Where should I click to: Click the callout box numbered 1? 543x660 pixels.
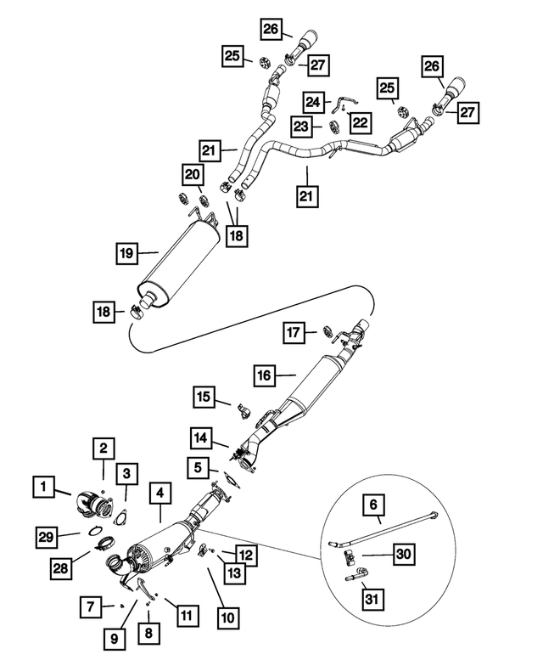pyautogui.click(x=44, y=487)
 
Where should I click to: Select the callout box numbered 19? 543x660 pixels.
pyautogui.click(x=127, y=253)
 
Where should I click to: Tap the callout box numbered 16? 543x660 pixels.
pyautogui.click(x=265, y=375)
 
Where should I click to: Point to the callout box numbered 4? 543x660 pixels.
pyautogui.click(x=160, y=493)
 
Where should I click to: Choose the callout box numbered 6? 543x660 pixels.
pyautogui.click(x=373, y=505)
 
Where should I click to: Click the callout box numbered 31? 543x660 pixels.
pyautogui.click(x=372, y=599)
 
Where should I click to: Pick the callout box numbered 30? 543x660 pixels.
pyautogui.click(x=404, y=554)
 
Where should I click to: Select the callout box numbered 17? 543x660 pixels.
pyautogui.click(x=294, y=332)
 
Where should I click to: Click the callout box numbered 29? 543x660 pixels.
pyautogui.click(x=47, y=537)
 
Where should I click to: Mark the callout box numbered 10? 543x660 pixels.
pyautogui.click(x=227, y=618)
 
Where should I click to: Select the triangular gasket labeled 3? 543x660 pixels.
pyautogui.click(x=121, y=518)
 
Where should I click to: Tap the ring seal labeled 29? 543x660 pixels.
pyautogui.click(x=95, y=531)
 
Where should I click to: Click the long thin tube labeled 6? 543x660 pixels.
pyautogui.click(x=383, y=528)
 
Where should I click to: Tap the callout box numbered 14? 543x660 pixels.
pyautogui.click(x=201, y=438)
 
